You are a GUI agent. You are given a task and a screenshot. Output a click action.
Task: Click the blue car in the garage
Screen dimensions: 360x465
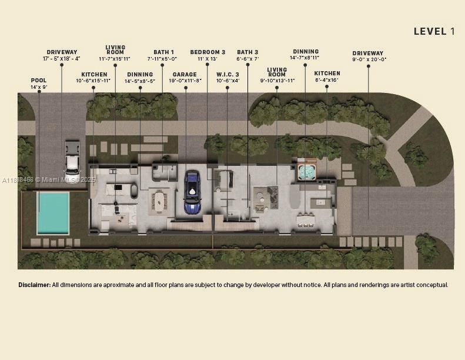pos(192,192)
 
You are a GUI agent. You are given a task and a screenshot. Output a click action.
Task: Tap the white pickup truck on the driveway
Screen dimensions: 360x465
pos(72,155)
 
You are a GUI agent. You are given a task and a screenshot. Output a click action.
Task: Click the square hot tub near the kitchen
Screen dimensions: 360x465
pos(306,172)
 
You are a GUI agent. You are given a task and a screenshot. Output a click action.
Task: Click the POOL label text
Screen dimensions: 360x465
pos(39,81)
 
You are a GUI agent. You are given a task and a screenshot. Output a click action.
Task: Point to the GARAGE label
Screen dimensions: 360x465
pos(185,74)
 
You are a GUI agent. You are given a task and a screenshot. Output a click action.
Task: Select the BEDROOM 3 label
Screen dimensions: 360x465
pos(208,52)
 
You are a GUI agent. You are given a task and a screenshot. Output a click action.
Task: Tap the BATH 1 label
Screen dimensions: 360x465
pos(163,52)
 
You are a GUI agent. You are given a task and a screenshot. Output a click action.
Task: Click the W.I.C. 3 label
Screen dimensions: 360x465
pos(228,74)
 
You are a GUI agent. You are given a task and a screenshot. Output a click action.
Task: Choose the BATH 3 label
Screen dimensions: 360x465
pos(247,52)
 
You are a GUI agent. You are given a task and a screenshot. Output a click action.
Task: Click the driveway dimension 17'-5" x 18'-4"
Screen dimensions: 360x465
pos(62,59)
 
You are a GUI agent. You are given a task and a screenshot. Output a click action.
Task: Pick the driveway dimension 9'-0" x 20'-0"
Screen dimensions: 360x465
pos(369,59)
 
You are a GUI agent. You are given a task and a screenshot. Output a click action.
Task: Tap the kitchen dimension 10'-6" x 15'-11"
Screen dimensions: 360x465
pos(93,81)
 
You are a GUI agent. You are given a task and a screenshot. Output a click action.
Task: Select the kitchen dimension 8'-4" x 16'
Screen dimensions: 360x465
pos(327,80)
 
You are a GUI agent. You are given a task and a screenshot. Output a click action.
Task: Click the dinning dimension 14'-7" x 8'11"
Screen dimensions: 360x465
pos(305,58)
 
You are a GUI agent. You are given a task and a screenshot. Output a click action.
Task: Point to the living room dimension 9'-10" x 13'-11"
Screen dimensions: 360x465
pos(276,81)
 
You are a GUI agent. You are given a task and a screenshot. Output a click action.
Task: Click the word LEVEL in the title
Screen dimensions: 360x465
pos(430,32)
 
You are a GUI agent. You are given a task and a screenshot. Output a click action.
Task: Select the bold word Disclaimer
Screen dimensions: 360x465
pos(34,285)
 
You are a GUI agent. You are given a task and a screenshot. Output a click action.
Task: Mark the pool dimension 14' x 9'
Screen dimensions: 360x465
pos(39,87)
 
